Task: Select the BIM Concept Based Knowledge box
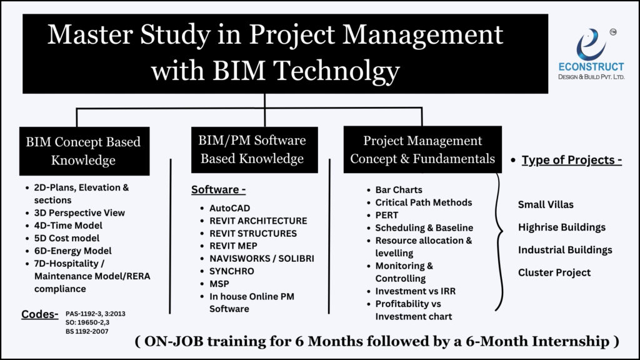click(83, 151)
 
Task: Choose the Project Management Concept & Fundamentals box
click(422, 150)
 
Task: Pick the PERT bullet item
click(386, 215)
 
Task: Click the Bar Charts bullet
click(398, 189)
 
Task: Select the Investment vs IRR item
click(417, 291)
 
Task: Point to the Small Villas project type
click(546, 204)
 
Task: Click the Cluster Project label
click(554, 272)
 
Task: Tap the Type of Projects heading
click(571, 160)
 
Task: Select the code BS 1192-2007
click(86, 331)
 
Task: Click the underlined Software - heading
click(218, 189)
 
